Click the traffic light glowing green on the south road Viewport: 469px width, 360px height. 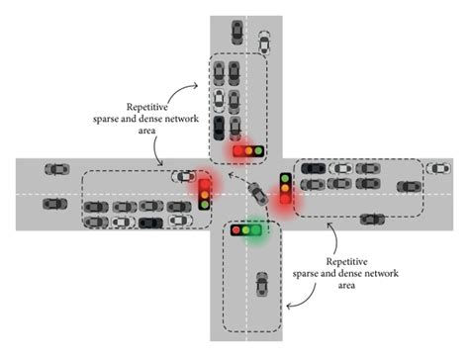click(x=247, y=230)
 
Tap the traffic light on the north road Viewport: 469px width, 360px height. click(x=247, y=151)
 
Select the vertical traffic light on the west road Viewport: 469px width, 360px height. click(x=205, y=192)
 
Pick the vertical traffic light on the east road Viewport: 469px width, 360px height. click(x=285, y=188)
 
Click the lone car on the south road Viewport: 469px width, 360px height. click(x=260, y=284)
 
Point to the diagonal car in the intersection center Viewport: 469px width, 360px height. click(x=258, y=194)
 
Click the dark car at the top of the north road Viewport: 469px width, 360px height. click(x=235, y=31)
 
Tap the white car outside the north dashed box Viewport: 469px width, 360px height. click(x=264, y=42)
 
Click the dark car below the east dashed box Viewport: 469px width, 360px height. click(x=371, y=219)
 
